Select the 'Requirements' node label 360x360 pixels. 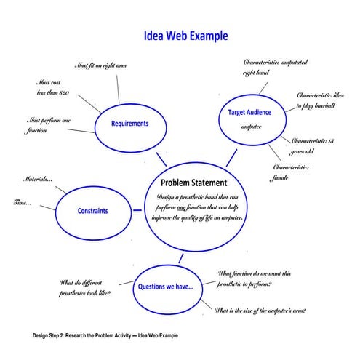click(129, 124)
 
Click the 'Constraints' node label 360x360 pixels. click(92, 212)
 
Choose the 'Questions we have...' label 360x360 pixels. click(166, 287)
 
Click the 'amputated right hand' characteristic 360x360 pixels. click(273, 68)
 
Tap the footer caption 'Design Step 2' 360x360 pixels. click(105, 335)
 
